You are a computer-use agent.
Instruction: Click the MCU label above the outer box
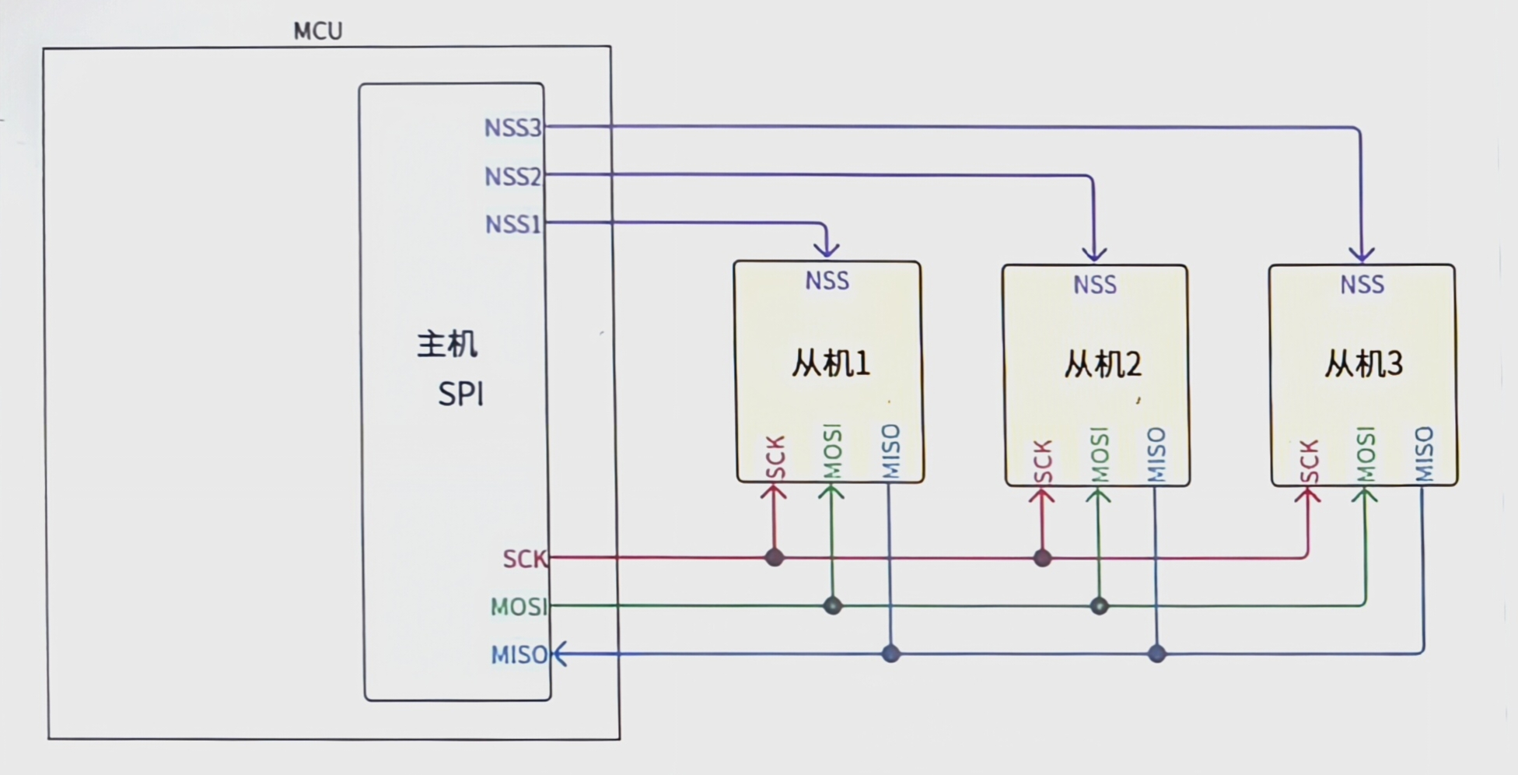tap(318, 31)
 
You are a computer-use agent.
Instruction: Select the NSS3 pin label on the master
tap(512, 128)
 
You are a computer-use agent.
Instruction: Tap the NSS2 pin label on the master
tap(512, 177)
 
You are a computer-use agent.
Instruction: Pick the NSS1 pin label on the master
tap(512, 224)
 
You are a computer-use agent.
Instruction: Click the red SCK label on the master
tap(525, 559)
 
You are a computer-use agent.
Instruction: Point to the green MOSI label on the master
tap(519, 606)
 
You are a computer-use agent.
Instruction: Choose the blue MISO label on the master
tap(519, 655)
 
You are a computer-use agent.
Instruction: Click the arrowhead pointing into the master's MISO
tap(559, 654)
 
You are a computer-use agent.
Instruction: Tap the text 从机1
tap(831, 363)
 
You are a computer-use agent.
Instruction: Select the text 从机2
tap(1102, 364)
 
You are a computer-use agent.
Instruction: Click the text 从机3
tap(1363, 363)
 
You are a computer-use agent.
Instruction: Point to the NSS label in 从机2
tap(1095, 285)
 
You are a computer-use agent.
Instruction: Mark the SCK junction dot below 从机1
tap(775, 557)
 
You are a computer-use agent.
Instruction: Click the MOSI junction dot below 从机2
tap(1099, 605)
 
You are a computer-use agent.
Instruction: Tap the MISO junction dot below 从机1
tap(891, 654)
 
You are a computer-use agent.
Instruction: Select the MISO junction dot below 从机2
tap(1157, 654)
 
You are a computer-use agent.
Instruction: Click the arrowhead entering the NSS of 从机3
tap(1362, 254)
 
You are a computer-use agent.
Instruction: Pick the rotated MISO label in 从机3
tap(1424, 454)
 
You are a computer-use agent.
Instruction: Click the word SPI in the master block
tap(461, 395)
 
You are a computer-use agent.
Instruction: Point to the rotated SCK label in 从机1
tap(775, 458)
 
